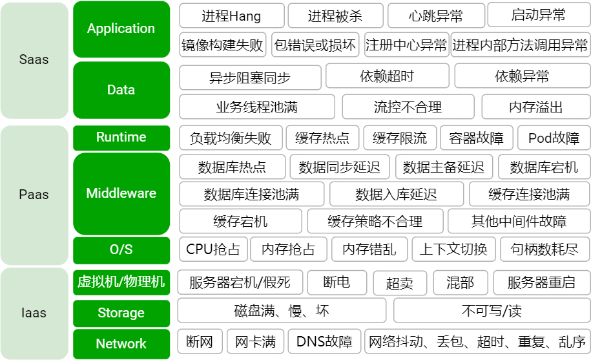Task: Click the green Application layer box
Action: [x=121, y=29]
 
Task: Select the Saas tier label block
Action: [x=34, y=60]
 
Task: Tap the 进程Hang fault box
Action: [x=232, y=15]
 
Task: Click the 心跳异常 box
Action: [x=436, y=15]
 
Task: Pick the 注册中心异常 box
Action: [x=406, y=45]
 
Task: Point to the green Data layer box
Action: [x=121, y=90]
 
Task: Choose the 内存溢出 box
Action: [x=535, y=107]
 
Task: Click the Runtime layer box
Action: [x=121, y=137]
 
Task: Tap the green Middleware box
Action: [x=121, y=193]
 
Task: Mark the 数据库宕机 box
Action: [x=544, y=167]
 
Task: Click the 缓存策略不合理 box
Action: [x=375, y=222]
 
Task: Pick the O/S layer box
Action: [x=121, y=249]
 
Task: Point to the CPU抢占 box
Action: [x=213, y=249]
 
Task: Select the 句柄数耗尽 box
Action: [x=544, y=249]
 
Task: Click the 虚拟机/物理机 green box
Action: [x=121, y=282]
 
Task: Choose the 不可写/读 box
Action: [x=491, y=311]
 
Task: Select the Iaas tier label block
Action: [x=34, y=313]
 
